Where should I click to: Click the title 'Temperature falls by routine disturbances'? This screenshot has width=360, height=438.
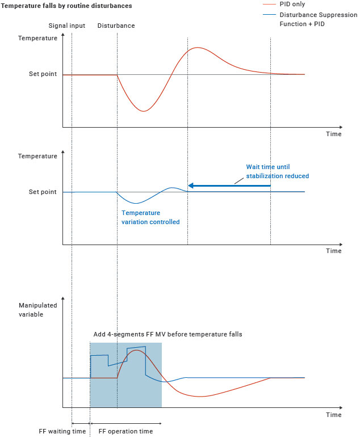pyautogui.click(x=67, y=6)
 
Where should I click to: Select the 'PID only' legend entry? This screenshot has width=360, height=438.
pyautogui.click(x=292, y=5)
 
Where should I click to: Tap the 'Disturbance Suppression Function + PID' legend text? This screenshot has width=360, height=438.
pyautogui.click(x=310, y=19)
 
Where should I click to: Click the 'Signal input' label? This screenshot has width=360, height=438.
pyautogui.click(x=66, y=26)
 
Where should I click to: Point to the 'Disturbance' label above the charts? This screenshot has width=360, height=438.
pyautogui.click(x=116, y=26)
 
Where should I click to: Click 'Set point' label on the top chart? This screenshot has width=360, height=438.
pyautogui.click(x=43, y=74)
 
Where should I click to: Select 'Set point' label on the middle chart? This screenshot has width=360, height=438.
pyautogui.click(x=43, y=192)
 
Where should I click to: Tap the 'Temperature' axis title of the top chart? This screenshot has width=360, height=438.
pyautogui.click(x=37, y=38)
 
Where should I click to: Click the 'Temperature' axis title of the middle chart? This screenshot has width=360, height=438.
pyautogui.click(x=37, y=156)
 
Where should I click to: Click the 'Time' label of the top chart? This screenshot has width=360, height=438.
pyautogui.click(x=334, y=134)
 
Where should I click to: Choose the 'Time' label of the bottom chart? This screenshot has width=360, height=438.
pyautogui.click(x=334, y=415)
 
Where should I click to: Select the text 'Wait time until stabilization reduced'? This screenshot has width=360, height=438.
pyautogui.click(x=277, y=171)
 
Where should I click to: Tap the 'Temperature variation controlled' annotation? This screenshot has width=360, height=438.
pyautogui.click(x=150, y=217)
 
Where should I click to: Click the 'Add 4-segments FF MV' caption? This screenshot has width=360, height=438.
pyautogui.click(x=168, y=334)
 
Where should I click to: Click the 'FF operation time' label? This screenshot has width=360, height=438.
pyautogui.click(x=126, y=431)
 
